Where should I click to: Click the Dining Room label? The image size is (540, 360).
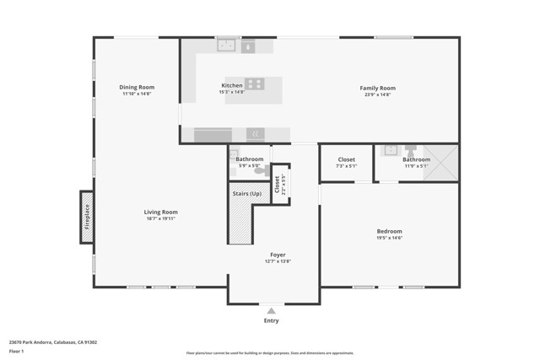tap(137, 87)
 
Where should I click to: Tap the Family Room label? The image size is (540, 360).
tap(377, 88)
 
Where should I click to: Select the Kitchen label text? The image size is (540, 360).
tap(232, 85)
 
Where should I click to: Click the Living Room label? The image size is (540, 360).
tap(160, 212)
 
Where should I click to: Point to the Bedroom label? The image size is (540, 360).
tap(389, 231)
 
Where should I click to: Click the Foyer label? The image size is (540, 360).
tap(278, 255)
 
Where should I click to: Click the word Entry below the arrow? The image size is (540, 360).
tap(271, 320)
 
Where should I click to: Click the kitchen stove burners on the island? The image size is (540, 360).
tap(255, 83)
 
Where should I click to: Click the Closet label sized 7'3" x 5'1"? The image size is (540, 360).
tap(346, 159)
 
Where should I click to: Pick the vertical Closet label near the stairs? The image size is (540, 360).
tap(277, 184)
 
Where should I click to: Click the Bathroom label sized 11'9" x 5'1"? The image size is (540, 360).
tap(416, 159)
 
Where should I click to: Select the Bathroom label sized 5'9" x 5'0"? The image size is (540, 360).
tap(250, 159)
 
